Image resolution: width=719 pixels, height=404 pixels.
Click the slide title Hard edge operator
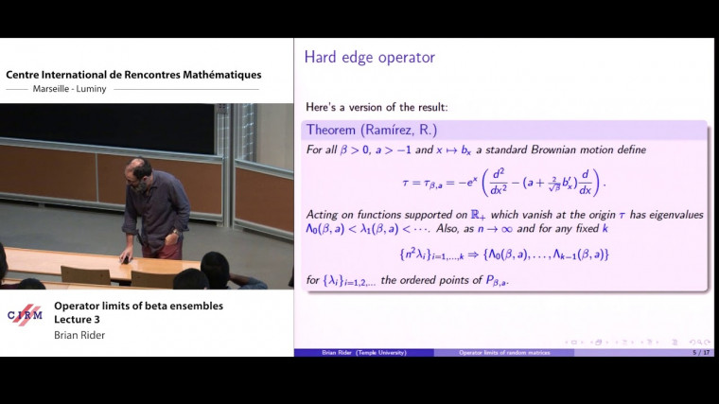point(370,58)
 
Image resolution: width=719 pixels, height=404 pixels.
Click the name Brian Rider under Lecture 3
point(79,335)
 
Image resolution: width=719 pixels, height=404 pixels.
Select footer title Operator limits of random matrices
point(503,353)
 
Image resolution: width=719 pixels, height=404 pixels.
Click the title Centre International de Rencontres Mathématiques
point(134,75)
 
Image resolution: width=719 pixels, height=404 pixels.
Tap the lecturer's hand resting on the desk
point(124,258)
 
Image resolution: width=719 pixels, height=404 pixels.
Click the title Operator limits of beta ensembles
point(138,306)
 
